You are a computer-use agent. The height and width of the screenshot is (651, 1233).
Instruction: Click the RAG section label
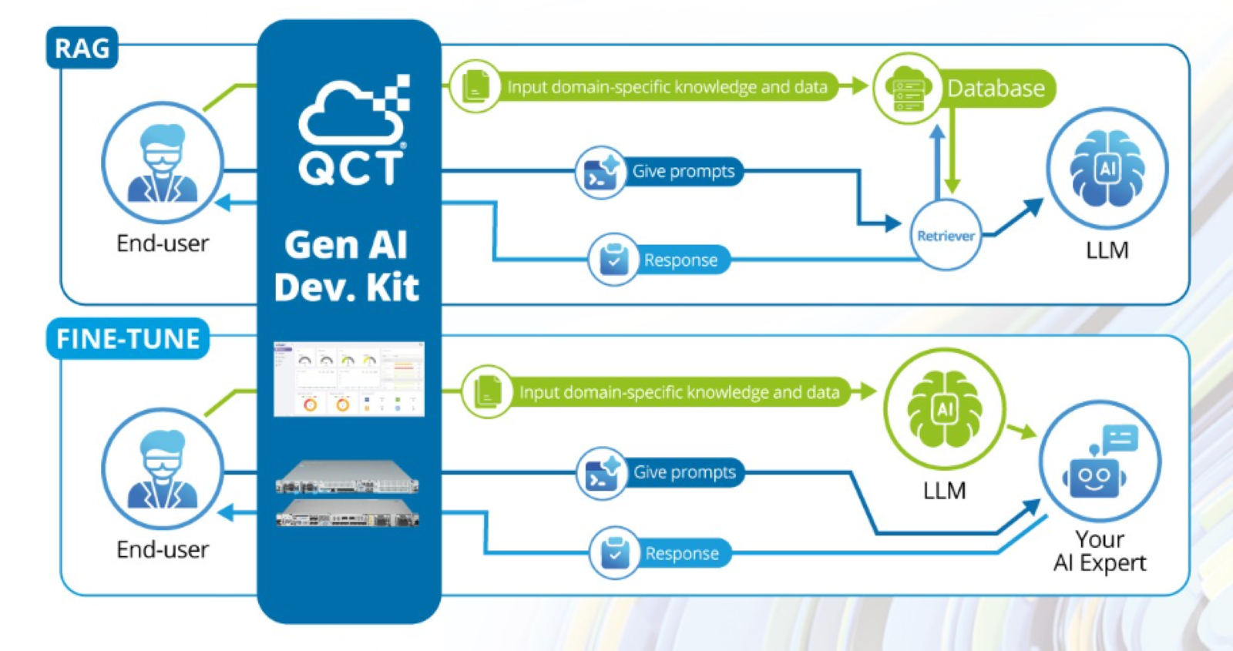pos(82,49)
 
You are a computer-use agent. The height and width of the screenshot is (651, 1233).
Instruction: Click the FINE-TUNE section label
pos(128,339)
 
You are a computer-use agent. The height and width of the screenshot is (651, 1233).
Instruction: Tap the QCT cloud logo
pos(352,131)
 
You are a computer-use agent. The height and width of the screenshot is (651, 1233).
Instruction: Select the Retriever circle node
pos(946,236)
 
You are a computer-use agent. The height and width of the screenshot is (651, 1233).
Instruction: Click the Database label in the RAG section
pos(996,89)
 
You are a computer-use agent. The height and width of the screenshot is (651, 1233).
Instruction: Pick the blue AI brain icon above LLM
pos(1107,168)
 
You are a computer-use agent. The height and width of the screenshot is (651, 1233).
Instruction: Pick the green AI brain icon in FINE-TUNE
pos(945,409)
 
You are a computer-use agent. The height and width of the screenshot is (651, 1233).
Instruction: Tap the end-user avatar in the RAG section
pos(163,163)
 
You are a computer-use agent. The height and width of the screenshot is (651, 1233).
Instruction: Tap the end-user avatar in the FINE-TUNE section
pos(163,469)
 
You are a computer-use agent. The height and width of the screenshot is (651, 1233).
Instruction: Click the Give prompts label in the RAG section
pos(683,172)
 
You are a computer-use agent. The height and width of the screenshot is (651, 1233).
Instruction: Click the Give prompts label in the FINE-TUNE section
pos(684,472)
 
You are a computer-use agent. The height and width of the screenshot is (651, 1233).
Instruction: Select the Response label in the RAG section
pos(680,260)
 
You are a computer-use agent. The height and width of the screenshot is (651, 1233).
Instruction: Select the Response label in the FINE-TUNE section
pos(682,553)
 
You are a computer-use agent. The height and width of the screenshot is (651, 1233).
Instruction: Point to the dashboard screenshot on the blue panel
pos(348,379)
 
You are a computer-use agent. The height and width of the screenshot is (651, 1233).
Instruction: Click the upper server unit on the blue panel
pos(348,477)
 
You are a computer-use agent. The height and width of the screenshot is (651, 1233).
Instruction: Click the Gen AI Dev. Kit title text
pos(347,266)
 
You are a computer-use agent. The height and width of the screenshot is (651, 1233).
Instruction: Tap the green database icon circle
pos(908,89)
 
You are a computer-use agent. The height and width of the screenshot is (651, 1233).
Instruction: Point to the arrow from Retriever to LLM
pos(1017,217)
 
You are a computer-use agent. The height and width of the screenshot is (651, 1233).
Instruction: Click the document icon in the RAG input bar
pos(475,87)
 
